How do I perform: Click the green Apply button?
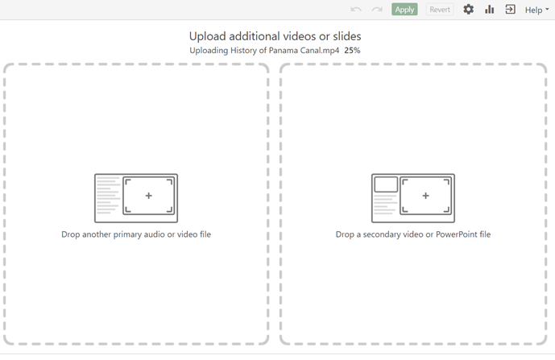(404, 10)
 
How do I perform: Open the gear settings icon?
(468, 10)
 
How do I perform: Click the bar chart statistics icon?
(489, 10)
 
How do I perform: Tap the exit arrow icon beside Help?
(510, 10)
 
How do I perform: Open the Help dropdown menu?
(536, 10)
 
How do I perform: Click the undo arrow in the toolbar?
(355, 10)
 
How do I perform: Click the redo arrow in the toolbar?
(376, 10)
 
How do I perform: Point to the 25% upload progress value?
(352, 51)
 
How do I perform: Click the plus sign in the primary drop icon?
(148, 196)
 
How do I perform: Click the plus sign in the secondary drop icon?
(425, 196)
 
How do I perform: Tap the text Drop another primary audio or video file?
(136, 234)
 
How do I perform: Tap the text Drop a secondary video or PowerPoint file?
(412, 234)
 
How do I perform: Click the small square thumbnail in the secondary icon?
(386, 184)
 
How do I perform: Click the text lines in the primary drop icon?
(107, 198)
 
